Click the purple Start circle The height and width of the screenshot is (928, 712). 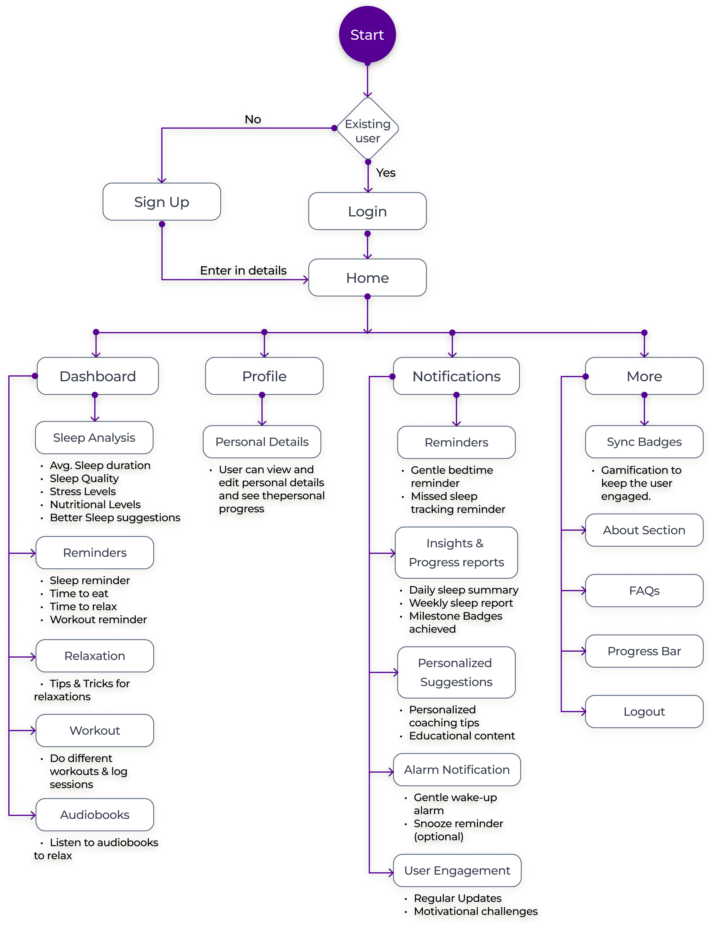(x=367, y=35)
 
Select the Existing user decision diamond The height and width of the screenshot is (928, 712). (x=368, y=130)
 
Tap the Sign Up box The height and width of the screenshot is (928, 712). (x=162, y=202)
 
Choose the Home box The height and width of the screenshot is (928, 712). (x=367, y=278)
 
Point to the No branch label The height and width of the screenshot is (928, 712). (x=253, y=119)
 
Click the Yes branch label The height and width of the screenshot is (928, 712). (x=386, y=173)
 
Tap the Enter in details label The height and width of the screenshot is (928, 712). (x=243, y=270)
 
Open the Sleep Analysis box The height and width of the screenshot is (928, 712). (x=94, y=438)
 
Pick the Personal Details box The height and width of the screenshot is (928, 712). (x=262, y=442)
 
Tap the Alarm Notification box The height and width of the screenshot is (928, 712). (x=456, y=769)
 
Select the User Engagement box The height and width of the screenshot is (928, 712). (x=457, y=870)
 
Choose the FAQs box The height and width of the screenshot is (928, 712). (x=644, y=591)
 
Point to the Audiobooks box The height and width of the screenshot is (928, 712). (x=95, y=815)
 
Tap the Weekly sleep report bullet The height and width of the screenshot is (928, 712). (x=461, y=603)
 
